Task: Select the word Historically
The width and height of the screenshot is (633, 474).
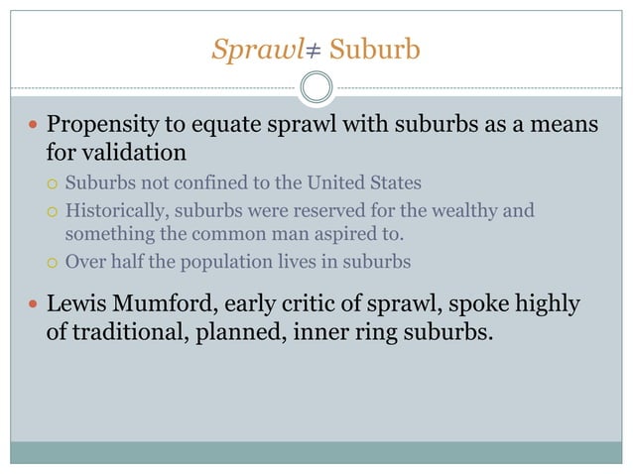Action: (x=115, y=211)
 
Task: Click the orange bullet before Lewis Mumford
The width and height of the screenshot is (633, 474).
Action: (x=33, y=304)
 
